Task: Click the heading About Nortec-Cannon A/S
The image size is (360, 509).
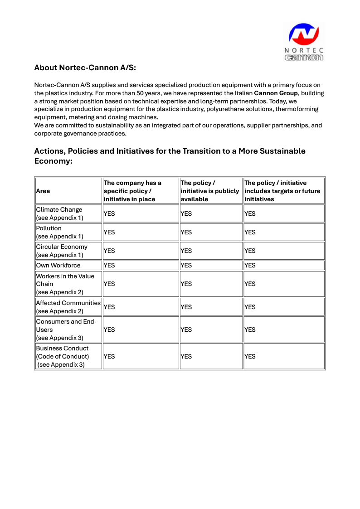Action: [x=85, y=68]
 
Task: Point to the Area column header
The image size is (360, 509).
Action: [x=43, y=191]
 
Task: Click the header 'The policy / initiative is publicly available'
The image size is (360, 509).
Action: [x=209, y=191]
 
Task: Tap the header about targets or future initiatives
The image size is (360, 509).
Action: [x=282, y=191]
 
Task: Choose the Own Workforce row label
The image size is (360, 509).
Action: [x=58, y=265]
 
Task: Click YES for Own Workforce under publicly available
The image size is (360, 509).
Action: [x=186, y=265]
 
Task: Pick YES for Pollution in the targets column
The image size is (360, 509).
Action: [x=250, y=232]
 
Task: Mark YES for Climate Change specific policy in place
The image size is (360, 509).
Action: [x=109, y=213]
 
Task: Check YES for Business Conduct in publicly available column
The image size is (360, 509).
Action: [x=186, y=356]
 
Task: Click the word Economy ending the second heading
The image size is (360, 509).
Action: [x=53, y=161]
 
